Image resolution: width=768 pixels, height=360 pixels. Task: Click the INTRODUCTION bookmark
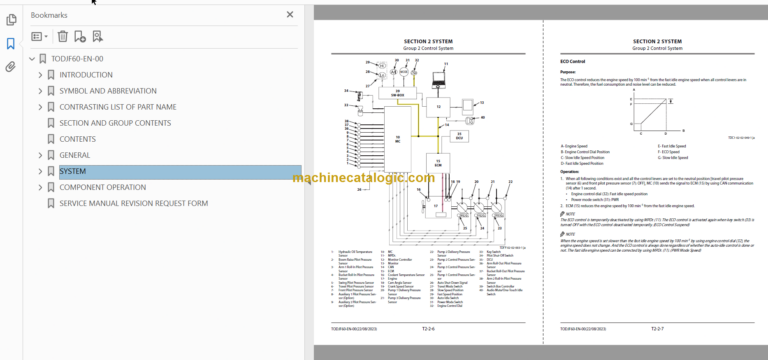coord(86,74)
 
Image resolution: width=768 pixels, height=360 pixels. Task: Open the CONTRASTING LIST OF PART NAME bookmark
coord(118,106)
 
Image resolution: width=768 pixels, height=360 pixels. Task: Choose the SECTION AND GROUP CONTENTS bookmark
coord(115,123)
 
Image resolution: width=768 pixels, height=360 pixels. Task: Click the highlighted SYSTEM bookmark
coord(73,171)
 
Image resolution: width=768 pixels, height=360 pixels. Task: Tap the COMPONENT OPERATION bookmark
coord(103,187)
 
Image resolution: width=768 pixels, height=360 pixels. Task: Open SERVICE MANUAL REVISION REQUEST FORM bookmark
coord(133,203)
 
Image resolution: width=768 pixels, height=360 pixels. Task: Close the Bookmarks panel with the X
coord(290,16)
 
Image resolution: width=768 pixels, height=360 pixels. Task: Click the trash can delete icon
coord(62,37)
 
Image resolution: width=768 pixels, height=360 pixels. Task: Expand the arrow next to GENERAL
coord(41,155)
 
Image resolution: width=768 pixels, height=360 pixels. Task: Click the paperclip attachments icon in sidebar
coord(11,68)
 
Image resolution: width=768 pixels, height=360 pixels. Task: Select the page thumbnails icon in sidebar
coord(11,19)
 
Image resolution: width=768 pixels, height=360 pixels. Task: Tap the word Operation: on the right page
coord(570,171)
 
